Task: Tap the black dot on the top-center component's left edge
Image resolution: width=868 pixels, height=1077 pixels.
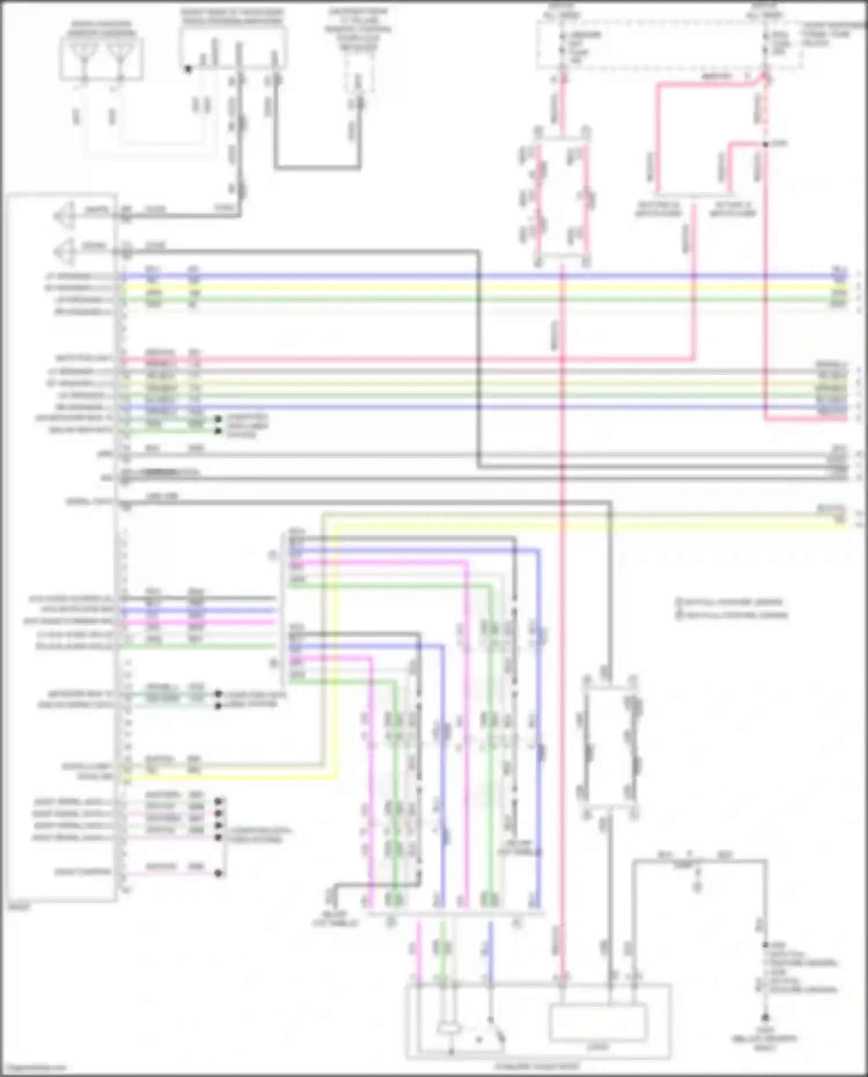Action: (187, 69)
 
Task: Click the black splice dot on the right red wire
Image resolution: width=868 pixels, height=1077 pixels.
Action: (765, 144)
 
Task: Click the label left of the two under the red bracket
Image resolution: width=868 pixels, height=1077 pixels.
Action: (658, 209)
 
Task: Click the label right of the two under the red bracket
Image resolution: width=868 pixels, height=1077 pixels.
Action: (733, 209)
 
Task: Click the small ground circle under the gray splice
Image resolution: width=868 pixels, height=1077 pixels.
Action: (697, 886)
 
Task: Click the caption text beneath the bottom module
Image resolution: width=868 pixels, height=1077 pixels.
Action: (538, 1065)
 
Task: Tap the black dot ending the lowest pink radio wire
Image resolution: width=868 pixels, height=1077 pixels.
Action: (218, 873)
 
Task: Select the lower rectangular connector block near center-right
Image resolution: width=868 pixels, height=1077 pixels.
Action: (610, 747)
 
